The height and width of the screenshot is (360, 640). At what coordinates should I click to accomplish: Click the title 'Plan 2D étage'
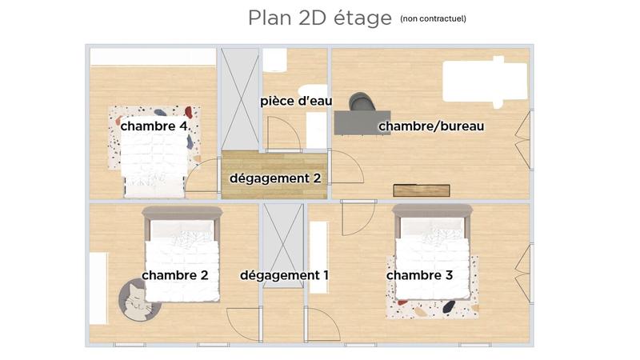tap(319, 18)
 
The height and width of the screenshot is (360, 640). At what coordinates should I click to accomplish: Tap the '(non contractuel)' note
tap(433, 18)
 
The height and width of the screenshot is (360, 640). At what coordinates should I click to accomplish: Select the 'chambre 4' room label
tap(154, 126)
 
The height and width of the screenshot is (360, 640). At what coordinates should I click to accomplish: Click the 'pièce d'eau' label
tap(296, 102)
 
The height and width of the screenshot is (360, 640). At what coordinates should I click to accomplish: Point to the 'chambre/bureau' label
tap(431, 126)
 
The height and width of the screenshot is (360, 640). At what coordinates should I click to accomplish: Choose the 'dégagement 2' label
tap(275, 178)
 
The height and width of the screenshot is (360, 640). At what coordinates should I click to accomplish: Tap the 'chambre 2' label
tap(175, 275)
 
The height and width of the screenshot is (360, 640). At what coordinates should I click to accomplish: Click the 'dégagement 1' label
tap(284, 275)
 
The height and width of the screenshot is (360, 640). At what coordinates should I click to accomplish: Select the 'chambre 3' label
tap(420, 275)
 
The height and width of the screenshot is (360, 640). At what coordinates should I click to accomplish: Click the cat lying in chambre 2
tap(138, 302)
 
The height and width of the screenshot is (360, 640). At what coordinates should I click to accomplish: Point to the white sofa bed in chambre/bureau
tap(485, 82)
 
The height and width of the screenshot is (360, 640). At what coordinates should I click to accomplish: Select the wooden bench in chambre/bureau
tap(422, 190)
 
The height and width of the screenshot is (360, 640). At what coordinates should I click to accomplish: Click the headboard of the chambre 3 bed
tap(432, 210)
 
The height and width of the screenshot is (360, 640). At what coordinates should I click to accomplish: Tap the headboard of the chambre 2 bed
tap(182, 212)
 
